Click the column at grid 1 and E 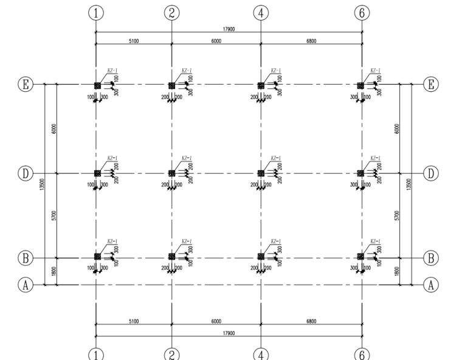point(97,86)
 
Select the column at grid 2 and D point(172,173)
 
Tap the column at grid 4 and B point(261,258)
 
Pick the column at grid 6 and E point(361,86)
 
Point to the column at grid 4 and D point(261,173)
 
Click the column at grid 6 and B point(361,258)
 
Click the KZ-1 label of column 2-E point(187,71)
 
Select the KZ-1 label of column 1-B point(112,241)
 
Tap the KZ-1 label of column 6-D point(376,158)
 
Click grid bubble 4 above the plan point(261,12)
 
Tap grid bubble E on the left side point(26,85)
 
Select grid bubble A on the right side point(430,284)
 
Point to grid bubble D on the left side point(26,173)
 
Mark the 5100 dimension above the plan point(134,41)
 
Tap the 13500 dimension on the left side point(43,184)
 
